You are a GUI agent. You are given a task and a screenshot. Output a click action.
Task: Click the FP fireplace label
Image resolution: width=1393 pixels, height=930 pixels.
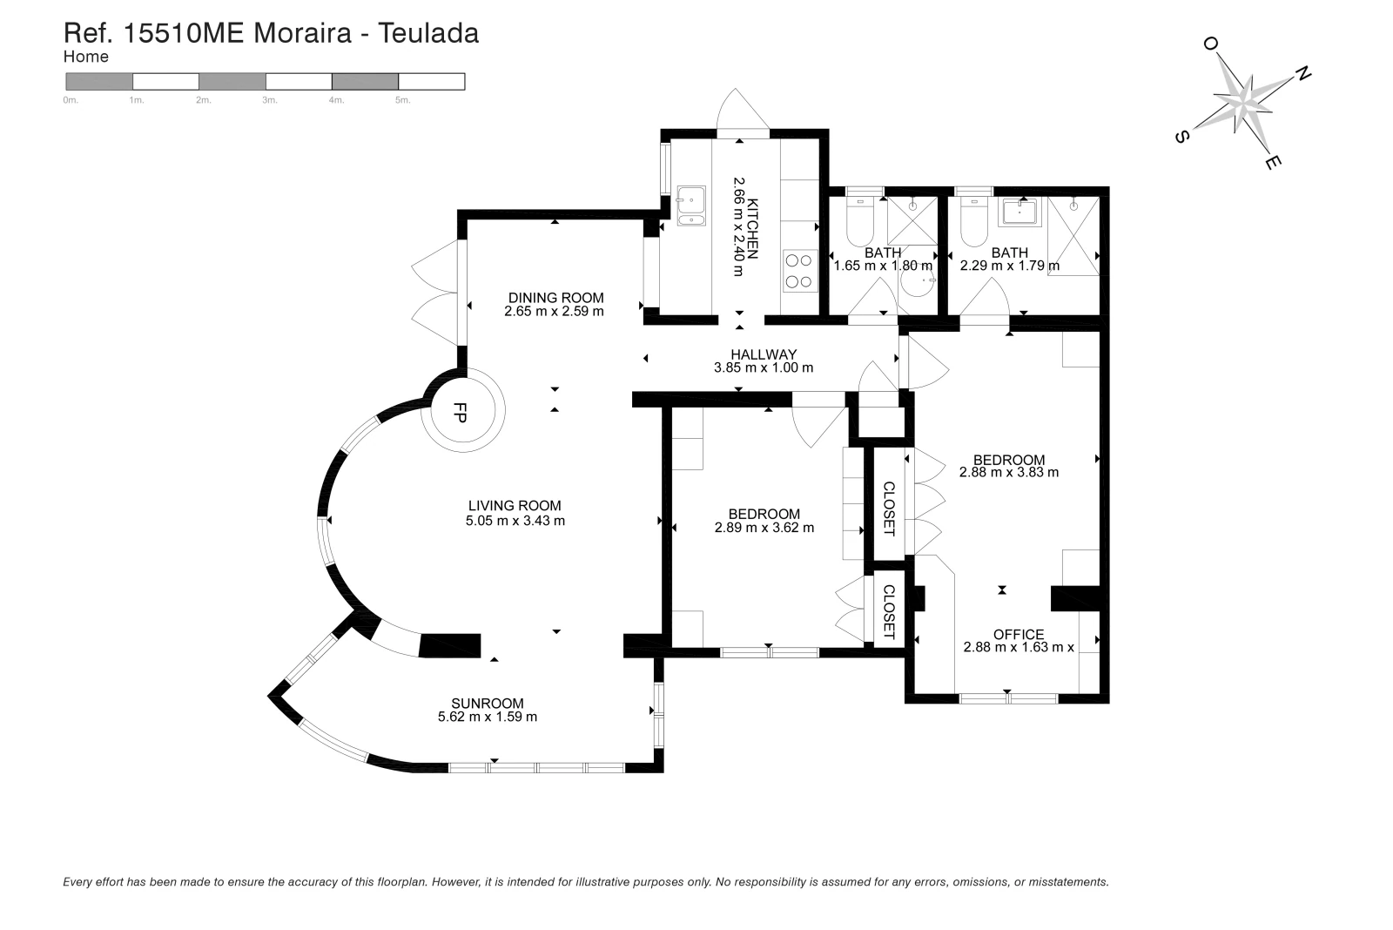point(461,413)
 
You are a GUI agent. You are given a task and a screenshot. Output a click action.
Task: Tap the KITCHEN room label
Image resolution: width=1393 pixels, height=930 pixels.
point(753,228)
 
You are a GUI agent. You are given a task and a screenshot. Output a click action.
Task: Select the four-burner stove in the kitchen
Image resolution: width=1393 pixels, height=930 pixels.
point(800,271)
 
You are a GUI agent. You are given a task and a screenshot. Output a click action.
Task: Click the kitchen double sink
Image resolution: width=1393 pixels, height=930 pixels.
point(691,206)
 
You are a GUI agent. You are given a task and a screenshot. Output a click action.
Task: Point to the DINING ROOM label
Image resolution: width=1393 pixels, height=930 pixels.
point(556,297)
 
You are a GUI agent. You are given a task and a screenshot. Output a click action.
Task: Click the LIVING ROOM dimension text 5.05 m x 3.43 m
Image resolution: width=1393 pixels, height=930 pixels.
point(515,521)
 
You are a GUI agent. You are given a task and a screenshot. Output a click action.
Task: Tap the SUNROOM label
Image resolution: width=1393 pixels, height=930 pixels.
point(488,703)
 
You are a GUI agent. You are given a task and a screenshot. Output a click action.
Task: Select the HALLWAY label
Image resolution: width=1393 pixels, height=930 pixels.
point(764,354)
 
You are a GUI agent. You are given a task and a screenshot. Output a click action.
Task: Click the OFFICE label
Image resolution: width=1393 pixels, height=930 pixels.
point(1019,634)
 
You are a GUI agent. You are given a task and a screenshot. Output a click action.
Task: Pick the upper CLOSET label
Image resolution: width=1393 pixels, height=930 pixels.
point(889,509)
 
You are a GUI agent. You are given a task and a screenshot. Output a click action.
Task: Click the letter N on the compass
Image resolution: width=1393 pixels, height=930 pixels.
point(1302,74)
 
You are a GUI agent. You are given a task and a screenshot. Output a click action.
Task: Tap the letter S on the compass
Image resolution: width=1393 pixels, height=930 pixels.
point(1181,136)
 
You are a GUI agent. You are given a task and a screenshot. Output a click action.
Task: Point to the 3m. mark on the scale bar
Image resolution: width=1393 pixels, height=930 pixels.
point(269,100)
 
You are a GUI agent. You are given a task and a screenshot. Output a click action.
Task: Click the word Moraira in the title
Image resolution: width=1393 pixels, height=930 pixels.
point(303,33)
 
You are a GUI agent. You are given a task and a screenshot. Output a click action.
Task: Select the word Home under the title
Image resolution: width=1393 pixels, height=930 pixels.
point(86,57)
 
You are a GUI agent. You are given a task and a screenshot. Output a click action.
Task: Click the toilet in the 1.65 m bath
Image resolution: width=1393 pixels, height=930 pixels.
point(861,221)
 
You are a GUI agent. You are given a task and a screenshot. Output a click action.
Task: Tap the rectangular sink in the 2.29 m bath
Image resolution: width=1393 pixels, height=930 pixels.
point(1019,212)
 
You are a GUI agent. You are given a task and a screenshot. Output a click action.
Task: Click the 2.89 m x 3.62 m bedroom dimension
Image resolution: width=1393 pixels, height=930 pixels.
point(764,528)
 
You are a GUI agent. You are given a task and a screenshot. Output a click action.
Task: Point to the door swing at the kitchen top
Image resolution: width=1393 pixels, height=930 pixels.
point(743,111)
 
